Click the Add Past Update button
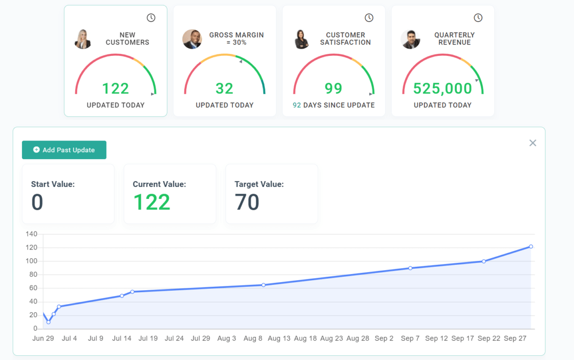click(64, 150)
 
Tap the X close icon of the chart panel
click(533, 143)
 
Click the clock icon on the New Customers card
click(151, 18)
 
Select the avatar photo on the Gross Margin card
click(192, 39)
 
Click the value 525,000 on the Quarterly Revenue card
click(442, 88)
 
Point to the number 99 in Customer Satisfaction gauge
click(333, 88)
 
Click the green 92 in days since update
click(297, 105)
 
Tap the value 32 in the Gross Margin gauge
click(224, 88)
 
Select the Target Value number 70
click(247, 203)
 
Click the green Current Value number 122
click(152, 203)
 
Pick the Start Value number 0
click(37, 203)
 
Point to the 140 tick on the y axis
click(32, 234)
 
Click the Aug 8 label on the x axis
click(253, 338)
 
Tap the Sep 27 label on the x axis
click(515, 338)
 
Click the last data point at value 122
click(531, 247)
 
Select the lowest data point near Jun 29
click(48, 322)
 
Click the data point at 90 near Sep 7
click(410, 268)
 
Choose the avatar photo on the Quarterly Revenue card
click(410, 39)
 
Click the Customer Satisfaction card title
click(345, 39)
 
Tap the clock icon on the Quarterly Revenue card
click(478, 18)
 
